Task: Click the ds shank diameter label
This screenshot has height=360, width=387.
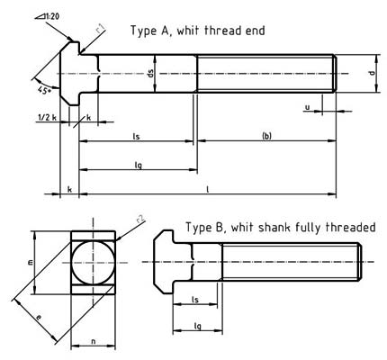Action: (151, 75)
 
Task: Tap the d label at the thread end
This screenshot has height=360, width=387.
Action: (372, 72)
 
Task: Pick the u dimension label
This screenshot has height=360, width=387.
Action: (308, 106)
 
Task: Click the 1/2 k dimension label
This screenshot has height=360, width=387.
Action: (48, 117)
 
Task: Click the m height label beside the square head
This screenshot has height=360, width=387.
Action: (29, 262)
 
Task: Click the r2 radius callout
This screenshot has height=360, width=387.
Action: (140, 219)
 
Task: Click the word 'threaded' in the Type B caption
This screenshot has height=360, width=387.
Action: (346, 228)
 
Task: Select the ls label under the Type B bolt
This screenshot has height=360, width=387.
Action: (196, 301)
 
